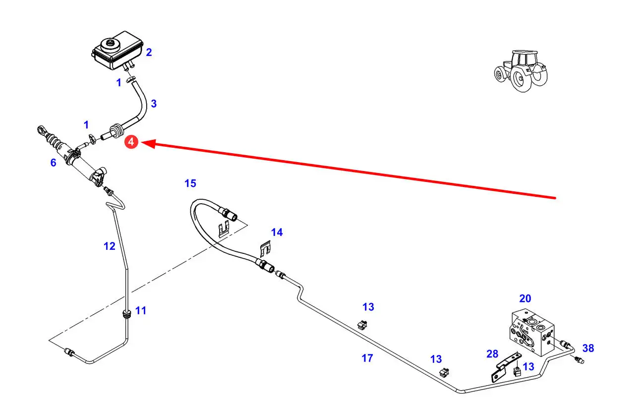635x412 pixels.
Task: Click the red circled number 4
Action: [x=130, y=142]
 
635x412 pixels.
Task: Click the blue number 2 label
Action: [x=149, y=53]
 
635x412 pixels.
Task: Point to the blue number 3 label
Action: [x=154, y=104]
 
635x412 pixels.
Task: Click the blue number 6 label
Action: [x=53, y=162]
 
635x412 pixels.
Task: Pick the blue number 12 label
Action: [x=110, y=246]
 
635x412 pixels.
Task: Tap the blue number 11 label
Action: [x=141, y=311]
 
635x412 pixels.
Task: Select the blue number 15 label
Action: [x=190, y=184]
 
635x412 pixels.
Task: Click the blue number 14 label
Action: [x=277, y=232]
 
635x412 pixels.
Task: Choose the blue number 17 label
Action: [x=367, y=358]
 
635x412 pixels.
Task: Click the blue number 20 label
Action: [x=525, y=298]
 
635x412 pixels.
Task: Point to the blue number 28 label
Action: [x=492, y=353]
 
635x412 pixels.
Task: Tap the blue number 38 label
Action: [x=588, y=349]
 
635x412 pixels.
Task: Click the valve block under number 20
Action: [x=532, y=331]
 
